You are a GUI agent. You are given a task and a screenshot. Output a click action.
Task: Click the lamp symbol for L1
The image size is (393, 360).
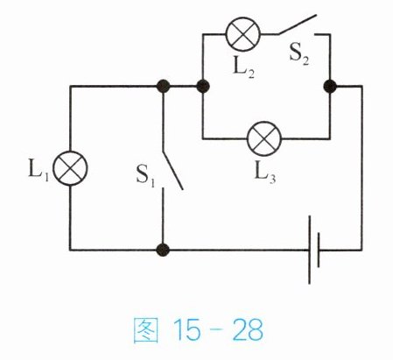point(70,168)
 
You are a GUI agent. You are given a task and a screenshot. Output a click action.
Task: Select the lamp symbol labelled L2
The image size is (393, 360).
point(243,34)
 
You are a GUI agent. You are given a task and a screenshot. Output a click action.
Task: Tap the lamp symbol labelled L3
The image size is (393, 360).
point(264,138)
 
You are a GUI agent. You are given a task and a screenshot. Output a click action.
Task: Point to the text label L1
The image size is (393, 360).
point(39,170)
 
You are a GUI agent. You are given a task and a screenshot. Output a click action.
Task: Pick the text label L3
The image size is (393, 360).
point(265,173)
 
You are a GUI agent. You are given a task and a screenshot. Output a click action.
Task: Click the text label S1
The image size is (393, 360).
point(145,176)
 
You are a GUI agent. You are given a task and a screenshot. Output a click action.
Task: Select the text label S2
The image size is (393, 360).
point(298,54)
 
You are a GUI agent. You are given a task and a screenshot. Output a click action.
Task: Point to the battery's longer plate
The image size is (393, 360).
point(309,250)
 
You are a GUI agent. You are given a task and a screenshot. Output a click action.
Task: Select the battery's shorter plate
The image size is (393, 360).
point(319,250)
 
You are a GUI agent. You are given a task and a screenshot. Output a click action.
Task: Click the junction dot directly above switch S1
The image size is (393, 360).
point(163,86)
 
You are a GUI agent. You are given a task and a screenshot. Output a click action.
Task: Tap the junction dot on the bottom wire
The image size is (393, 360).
point(163,250)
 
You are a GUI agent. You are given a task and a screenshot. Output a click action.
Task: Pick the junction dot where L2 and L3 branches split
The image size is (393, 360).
point(203,86)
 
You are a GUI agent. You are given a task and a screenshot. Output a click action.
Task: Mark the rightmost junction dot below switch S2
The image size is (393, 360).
point(330,87)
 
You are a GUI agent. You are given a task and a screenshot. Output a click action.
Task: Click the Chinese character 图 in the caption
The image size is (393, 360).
point(146,330)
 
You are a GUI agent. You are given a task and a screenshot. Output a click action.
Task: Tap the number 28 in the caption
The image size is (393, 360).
point(248,330)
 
